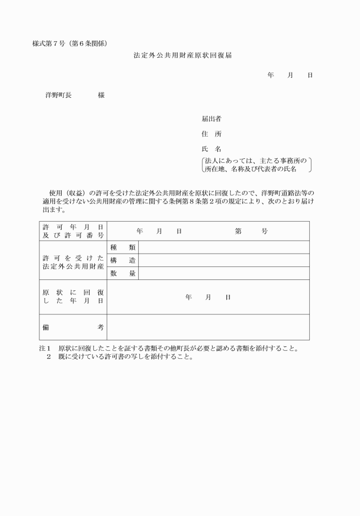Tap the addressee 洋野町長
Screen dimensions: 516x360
58,95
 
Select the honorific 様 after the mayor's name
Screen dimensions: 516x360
101,95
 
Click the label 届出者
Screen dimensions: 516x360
211,119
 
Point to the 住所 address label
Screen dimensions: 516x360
211,134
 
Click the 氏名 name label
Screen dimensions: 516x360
211,149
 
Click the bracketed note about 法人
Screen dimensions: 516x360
257,165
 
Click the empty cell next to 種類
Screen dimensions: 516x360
224,247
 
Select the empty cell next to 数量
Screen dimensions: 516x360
224,274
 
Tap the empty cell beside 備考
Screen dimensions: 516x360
208,327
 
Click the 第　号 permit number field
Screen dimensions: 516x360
251,231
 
